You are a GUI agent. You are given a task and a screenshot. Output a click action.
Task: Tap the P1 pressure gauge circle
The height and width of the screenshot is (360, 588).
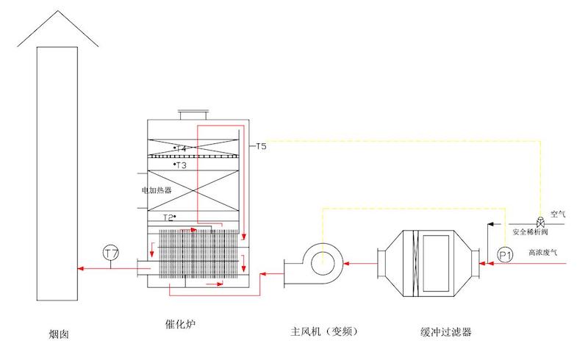504,255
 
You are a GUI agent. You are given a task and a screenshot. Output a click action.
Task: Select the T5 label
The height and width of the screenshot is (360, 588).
262,147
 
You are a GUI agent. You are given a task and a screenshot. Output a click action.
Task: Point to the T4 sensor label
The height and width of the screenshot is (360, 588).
181,149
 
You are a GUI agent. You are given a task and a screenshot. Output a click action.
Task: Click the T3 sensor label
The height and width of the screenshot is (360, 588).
181,165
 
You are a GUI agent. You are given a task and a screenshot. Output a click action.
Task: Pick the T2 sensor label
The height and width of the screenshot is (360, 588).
169,217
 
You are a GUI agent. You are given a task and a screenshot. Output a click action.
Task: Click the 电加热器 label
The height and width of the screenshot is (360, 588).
157,190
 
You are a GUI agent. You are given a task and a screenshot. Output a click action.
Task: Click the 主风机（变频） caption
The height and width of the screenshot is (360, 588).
324,331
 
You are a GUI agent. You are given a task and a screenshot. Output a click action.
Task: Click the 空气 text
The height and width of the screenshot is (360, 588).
559,214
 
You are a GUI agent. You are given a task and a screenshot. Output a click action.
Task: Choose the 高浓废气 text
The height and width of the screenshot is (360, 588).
543,253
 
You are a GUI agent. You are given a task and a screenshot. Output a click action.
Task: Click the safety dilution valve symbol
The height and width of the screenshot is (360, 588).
540,222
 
